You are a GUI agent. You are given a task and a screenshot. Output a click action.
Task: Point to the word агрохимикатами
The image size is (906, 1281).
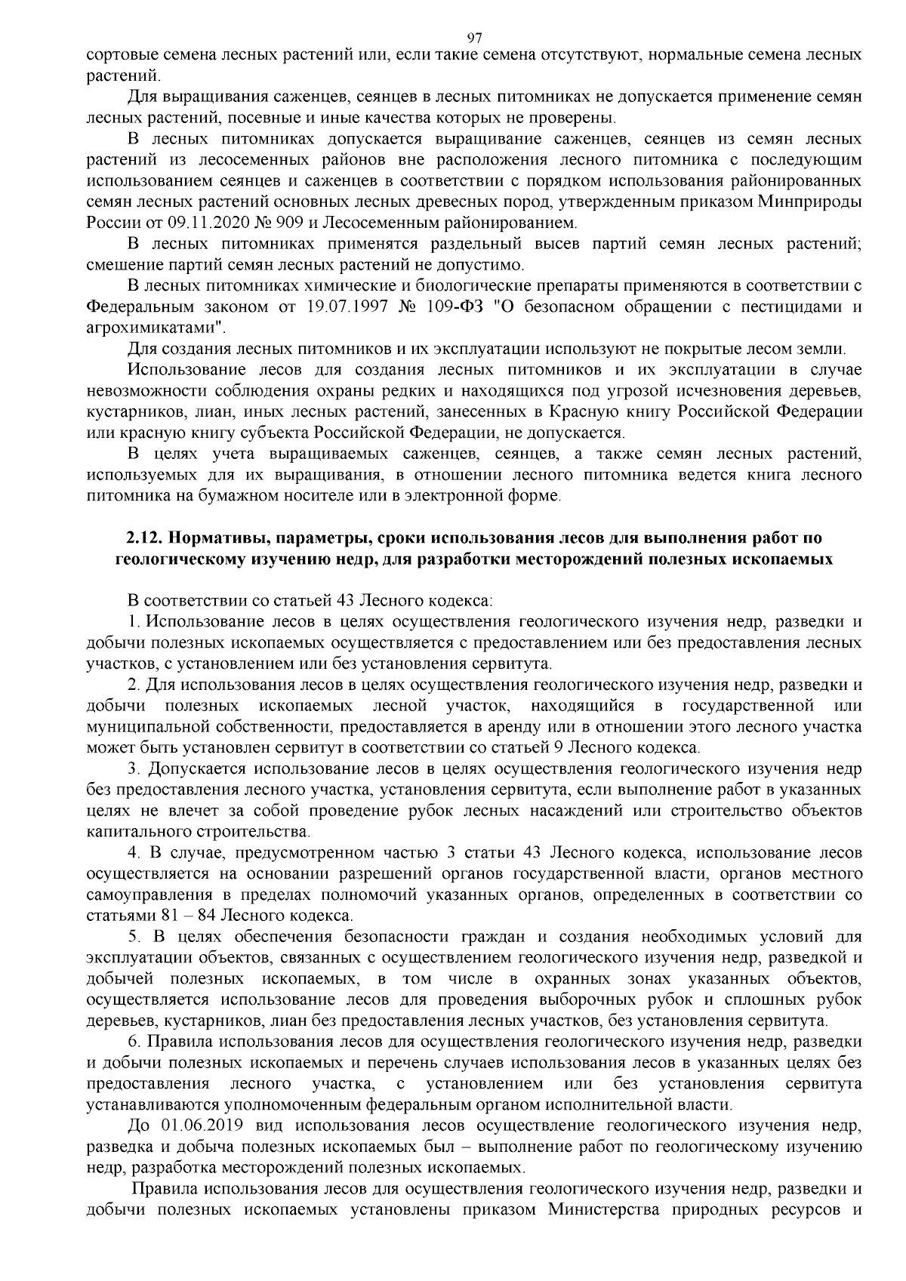(156, 328)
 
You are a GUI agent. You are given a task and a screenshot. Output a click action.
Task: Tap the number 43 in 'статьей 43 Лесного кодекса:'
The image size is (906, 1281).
(344, 601)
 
